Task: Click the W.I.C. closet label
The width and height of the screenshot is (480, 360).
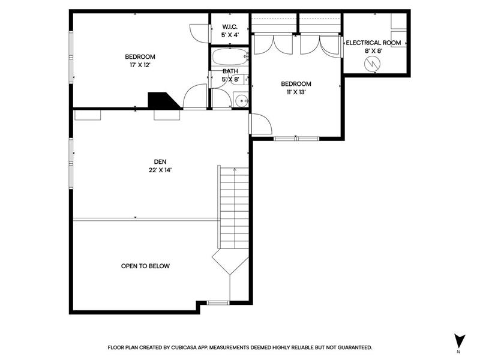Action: [x=230, y=26]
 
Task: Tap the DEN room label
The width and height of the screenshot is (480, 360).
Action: [x=160, y=161]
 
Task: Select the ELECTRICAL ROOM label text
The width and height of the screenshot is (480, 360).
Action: [x=373, y=43]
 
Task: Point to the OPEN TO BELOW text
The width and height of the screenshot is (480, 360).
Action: [x=145, y=266]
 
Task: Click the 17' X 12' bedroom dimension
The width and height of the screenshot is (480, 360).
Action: [x=140, y=65]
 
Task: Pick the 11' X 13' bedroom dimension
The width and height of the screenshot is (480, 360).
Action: [x=296, y=92]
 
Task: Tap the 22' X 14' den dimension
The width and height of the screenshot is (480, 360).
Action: [x=160, y=170]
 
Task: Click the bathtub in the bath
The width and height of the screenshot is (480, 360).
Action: [x=230, y=56]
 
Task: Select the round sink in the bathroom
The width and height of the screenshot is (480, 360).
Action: [x=242, y=100]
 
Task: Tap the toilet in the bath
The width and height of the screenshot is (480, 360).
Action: [x=244, y=80]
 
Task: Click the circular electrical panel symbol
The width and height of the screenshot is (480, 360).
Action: [x=372, y=64]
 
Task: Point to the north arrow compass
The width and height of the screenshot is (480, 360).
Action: [x=459, y=341]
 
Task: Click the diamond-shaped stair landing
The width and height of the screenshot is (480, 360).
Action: [x=230, y=262]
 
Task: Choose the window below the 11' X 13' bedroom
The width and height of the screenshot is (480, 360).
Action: [x=296, y=139]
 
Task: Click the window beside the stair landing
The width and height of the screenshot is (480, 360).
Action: [x=218, y=303]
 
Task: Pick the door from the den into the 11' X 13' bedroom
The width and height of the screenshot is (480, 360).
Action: [x=261, y=124]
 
